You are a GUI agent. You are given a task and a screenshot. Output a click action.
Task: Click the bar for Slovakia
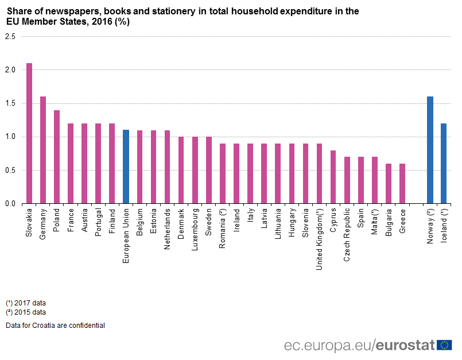(29, 133)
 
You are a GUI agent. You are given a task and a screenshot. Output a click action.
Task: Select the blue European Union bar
(126, 167)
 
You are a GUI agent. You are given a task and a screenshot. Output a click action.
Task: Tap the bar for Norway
(430, 150)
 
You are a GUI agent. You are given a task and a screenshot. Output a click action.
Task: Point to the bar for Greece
(402, 183)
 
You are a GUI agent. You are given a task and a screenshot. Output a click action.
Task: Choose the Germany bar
(43, 150)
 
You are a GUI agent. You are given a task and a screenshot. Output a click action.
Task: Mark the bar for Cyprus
(333, 177)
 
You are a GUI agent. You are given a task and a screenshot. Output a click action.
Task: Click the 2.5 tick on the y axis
(10, 36)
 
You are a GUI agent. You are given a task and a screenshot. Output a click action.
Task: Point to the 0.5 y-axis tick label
(10, 171)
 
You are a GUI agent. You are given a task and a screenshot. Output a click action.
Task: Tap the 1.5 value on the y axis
(10, 103)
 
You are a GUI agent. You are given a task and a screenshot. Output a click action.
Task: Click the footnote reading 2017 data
(26, 303)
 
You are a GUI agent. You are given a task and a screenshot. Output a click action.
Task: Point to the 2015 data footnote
(26, 312)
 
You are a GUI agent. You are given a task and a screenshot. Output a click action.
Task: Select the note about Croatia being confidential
(55, 326)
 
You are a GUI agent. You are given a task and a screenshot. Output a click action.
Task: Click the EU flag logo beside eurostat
(444, 345)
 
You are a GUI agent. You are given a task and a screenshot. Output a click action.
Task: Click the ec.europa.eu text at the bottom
(328, 345)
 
